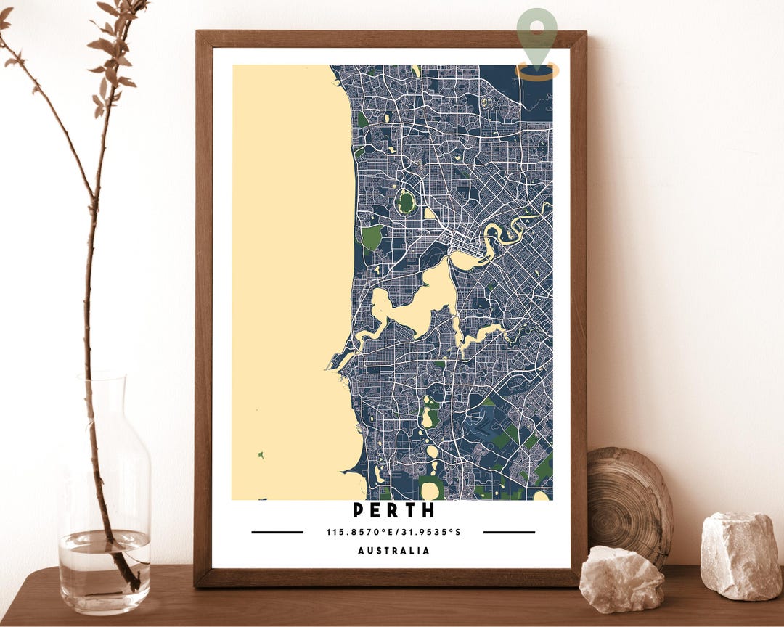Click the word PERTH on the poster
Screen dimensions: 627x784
pyautogui.click(x=393, y=510)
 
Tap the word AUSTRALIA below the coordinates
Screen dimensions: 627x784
pyautogui.click(x=393, y=551)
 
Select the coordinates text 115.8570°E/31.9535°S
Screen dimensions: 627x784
pyautogui.click(x=393, y=532)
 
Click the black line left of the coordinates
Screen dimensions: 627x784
pyautogui.click(x=277, y=532)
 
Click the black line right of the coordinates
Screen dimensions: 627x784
pyautogui.click(x=509, y=532)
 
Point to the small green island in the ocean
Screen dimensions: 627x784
pyautogui.click(x=261, y=455)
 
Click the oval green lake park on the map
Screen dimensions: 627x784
pyautogui.click(x=406, y=202)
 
